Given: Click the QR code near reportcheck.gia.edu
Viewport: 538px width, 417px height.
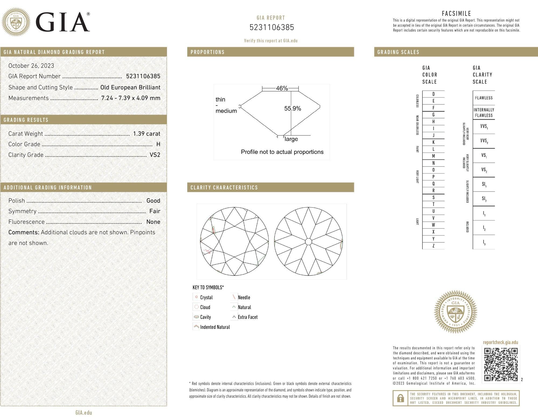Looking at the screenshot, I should tap(501, 364).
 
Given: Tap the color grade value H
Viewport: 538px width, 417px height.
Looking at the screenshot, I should tap(158, 144).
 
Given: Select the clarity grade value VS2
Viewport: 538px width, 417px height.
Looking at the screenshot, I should tap(155, 155).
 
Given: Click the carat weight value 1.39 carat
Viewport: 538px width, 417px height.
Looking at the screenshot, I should tap(147, 134).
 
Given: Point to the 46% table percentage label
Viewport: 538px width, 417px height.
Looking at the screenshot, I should tap(282, 88).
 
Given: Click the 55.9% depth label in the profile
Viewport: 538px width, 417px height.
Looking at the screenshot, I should tap(293, 108).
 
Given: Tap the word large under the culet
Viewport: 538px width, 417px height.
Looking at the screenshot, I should tap(291, 139).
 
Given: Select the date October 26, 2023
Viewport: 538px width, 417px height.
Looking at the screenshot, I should tap(31, 66).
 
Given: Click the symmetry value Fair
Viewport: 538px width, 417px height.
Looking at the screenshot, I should tap(155, 211).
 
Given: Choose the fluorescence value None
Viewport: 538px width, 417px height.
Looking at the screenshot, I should tap(153, 222).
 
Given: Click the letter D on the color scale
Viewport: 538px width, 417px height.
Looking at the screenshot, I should tap(433, 94).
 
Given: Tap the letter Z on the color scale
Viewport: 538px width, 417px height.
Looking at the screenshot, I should tap(433, 246).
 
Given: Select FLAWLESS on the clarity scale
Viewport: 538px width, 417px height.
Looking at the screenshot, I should tap(484, 98).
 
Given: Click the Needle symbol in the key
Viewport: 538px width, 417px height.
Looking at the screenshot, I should tap(233, 297).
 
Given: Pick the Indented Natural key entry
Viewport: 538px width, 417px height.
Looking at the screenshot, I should tap(212, 327).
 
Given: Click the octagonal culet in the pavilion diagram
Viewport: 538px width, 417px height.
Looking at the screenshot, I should tap(308, 241).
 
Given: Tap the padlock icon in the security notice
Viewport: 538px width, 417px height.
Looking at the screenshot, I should tap(401, 398).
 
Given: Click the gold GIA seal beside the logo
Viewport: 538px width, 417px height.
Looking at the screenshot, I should tap(16, 22).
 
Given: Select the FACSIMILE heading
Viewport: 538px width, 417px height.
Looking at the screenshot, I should tap(456, 13).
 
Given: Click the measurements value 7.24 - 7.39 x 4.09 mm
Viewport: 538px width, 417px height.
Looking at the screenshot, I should tap(131, 98).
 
